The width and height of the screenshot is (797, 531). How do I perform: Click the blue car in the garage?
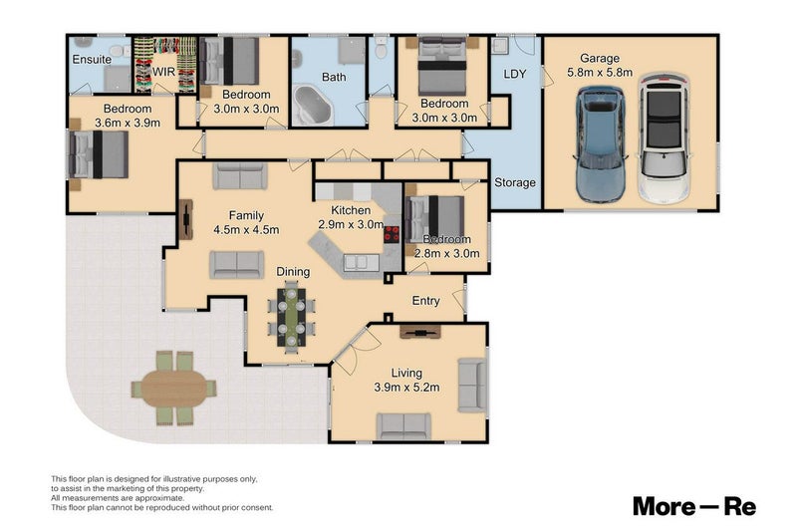600,143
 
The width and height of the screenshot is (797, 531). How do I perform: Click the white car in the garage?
664,138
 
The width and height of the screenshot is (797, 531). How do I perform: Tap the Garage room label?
600,58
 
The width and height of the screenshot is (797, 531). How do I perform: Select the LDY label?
514,74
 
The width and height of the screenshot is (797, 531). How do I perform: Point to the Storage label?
515,182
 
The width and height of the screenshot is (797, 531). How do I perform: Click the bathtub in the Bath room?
312,106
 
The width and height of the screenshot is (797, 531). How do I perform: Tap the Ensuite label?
92,60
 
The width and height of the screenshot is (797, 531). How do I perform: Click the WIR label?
163,72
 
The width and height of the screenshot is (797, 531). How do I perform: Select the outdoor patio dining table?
173,389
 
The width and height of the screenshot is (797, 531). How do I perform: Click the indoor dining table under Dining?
292,318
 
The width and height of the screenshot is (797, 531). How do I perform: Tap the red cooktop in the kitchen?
392,234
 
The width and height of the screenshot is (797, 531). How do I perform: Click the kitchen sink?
362,263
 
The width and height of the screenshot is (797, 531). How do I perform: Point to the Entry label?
426,301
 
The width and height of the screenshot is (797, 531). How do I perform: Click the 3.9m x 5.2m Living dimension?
406,388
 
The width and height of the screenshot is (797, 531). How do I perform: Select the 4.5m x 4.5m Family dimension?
246,230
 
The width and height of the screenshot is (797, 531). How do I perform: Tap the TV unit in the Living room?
420,333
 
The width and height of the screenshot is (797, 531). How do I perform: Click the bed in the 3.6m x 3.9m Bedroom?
99,154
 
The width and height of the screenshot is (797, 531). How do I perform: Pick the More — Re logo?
694,507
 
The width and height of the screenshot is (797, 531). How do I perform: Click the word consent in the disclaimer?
258,508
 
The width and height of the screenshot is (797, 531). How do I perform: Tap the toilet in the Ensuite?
118,51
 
